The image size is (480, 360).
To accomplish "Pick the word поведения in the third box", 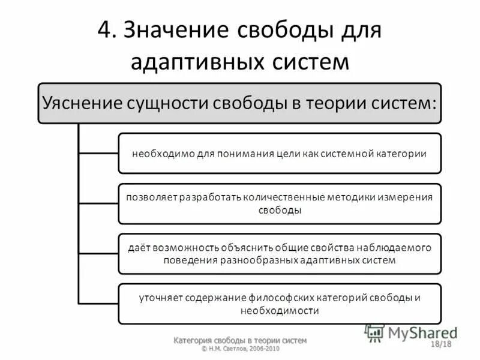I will coord(184,260).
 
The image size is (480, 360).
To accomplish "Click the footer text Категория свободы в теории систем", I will coord(240,340).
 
